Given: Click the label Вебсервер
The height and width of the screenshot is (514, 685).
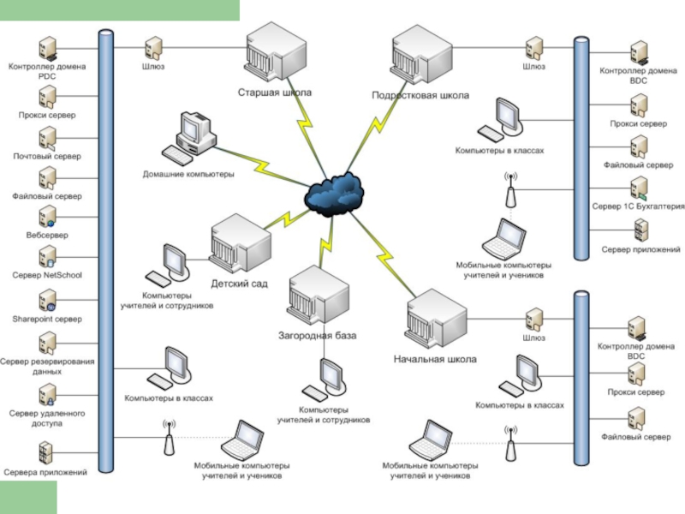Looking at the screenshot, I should point(46,235).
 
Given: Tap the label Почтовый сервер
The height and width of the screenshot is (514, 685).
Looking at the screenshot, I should point(46,157).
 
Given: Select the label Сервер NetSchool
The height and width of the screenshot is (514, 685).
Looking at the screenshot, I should point(46,276).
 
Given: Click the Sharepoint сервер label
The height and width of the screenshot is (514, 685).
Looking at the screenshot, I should point(47,319).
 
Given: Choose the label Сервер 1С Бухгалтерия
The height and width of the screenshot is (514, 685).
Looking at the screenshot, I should point(639,206).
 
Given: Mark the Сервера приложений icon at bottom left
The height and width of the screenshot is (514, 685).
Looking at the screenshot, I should point(47,452).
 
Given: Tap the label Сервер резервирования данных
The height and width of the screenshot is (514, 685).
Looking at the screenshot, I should point(47,367).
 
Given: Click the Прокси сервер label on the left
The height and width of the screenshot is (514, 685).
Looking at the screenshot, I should point(46,115).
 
